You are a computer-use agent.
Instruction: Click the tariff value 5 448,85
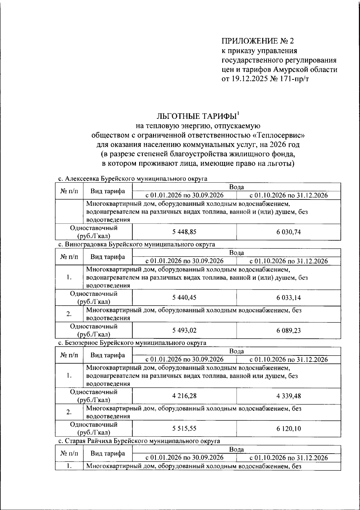coord(184,232)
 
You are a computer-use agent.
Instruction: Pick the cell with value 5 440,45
coord(184,298)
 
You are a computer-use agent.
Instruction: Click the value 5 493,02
coord(184,331)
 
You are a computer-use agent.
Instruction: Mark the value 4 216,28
coord(184,396)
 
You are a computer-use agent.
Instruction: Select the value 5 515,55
coord(184,429)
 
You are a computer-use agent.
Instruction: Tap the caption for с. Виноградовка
coord(136,244)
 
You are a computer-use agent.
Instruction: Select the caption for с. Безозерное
coord(132,343)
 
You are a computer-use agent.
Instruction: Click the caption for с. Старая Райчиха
coord(139,441)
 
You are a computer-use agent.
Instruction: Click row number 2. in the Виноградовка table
coord(69,314)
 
